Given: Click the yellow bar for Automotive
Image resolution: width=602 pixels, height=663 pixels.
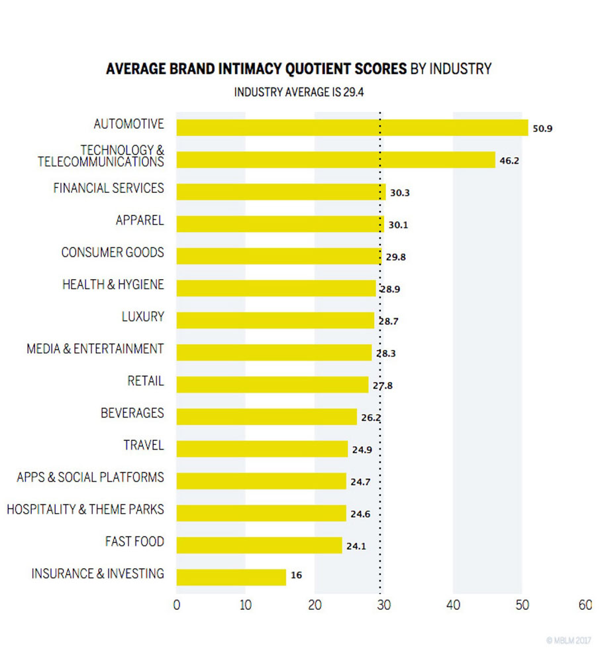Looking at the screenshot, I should tap(352, 127).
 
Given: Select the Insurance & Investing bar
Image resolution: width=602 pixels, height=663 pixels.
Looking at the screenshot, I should tap(231, 577).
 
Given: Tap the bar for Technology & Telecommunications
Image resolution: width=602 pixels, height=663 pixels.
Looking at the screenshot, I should tap(336, 160).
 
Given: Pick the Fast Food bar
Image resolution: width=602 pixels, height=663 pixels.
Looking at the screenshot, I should tap(259, 545).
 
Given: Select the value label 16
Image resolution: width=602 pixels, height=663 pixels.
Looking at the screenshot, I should tap(296, 575).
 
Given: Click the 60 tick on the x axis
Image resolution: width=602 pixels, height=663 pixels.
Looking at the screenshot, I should tap(585, 605).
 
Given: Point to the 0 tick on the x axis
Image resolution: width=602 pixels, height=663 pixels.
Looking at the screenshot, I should tap(176, 605).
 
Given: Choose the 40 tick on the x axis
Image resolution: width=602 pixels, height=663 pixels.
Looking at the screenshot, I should tap(453, 605).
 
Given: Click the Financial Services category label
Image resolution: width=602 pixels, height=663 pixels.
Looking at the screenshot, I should tap(109, 188).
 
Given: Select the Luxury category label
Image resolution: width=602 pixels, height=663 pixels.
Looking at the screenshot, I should tap(142, 316).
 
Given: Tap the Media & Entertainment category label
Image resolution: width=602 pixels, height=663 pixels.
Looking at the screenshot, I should tap(95, 349).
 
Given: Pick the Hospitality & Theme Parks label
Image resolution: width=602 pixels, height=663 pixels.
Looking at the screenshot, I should tap(85, 510).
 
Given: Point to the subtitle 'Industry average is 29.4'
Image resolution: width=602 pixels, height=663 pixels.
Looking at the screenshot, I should tap(299, 92).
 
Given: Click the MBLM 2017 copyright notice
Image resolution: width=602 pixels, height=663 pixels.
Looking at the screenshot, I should tap(569, 640).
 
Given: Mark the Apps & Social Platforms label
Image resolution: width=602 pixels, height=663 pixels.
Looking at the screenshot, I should tap(91, 477).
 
